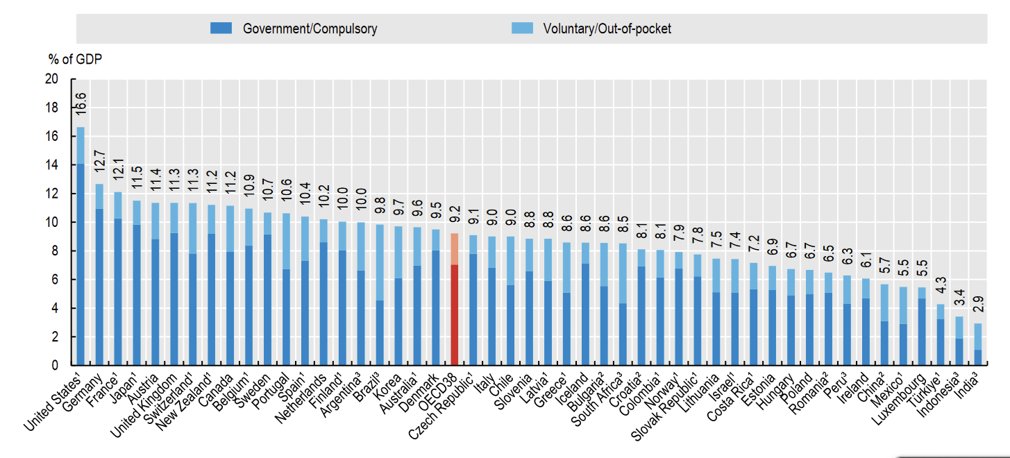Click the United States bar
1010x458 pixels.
81,246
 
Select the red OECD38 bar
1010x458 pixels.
455,299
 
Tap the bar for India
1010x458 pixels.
978,344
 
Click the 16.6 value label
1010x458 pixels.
81,103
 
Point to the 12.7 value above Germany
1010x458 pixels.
99,161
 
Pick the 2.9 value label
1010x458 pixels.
978,304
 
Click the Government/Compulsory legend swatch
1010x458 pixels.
221,28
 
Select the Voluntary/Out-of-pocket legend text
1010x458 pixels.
607,28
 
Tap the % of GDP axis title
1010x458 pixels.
75,59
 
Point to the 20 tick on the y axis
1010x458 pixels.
52,79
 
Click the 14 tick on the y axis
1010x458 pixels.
52,165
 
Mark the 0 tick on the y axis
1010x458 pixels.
55,365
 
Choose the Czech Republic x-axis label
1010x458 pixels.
440,406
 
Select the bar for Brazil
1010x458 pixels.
380,294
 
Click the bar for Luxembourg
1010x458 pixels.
922,326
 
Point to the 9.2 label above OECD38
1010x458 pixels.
455,214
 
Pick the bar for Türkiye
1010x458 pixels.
941,334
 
